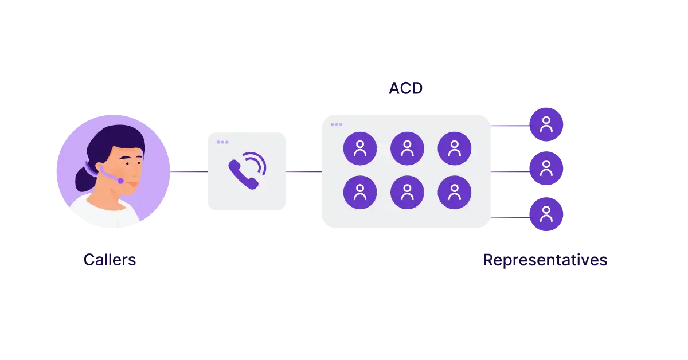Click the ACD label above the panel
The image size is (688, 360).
coord(405,88)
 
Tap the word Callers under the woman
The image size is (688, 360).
coord(110,260)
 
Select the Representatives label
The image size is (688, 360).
coord(545,260)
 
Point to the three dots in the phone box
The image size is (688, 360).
coord(222,142)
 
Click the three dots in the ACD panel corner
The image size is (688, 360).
coord(337,124)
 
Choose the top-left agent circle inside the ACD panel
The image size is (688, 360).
coord(360,148)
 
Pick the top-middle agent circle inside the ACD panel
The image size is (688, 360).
coord(407,148)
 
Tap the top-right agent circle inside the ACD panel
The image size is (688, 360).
coord(454,148)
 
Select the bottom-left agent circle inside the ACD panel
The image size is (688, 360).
coord(360,192)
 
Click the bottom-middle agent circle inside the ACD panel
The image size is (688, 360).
coord(407,192)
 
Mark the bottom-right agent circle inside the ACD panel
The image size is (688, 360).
coord(454,192)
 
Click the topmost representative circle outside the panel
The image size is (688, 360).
coord(546,124)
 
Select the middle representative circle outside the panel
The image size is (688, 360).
coord(546,169)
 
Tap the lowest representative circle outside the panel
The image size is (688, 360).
coord(546,214)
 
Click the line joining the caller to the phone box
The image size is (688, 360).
coord(189,171)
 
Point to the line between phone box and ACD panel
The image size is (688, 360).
coord(304,171)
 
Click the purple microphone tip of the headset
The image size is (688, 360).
coord(120,181)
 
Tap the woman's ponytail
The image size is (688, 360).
coord(83,178)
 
